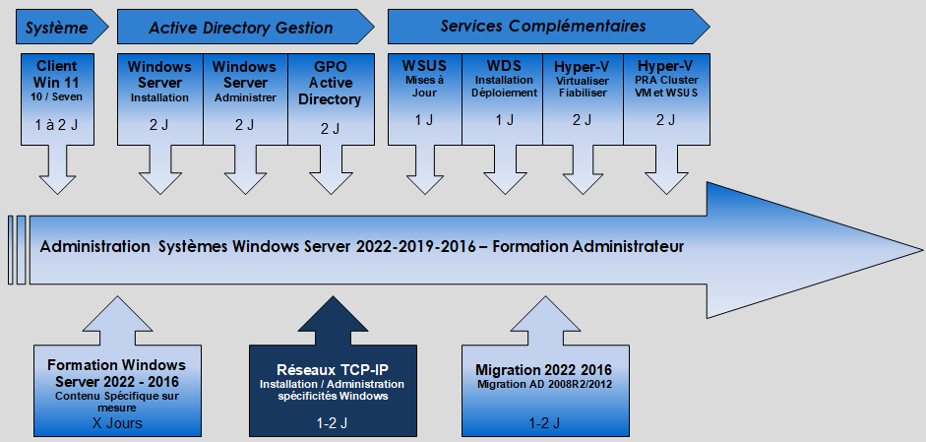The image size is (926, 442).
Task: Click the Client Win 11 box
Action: pyautogui.click(x=57, y=99)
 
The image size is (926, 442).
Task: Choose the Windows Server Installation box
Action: pyautogui.click(x=160, y=99)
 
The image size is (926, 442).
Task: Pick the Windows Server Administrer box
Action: pyautogui.click(x=245, y=99)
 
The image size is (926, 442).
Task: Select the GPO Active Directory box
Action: pyautogui.click(x=331, y=99)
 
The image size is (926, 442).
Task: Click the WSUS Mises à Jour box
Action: pyautogui.click(x=424, y=99)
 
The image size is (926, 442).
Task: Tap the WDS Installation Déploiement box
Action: pyautogui.click(x=502, y=99)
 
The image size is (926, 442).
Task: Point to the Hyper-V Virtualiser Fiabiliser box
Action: pyautogui.click(x=583, y=99)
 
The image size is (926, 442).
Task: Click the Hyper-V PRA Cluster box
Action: pyautogui.click(x=667, y=99)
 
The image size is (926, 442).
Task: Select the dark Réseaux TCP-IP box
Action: pyautogui.click(x=333, y=391)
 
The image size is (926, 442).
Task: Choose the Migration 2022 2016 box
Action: pyautogui.click(x=545, y=391)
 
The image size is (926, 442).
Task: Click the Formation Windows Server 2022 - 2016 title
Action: pyautogui.click(x=116, y=373)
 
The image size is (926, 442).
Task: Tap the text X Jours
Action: pyautogui.click(x=117, y=423)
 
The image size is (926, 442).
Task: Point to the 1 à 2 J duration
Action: pyautogui.click(x=57, y=125)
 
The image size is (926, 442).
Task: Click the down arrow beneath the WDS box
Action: pyautogui.click(x=505, y=169)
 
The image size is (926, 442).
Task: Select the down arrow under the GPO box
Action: pyautogui.click(x=332, y=169)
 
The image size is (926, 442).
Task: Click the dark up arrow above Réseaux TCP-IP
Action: pyautogui.click(x=333, y=321)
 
